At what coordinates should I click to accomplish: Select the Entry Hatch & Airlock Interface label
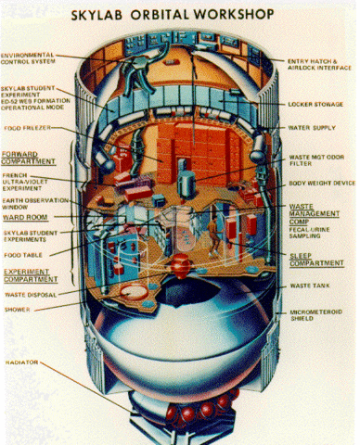[319, 64]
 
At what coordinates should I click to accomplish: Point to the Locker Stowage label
[319, 104]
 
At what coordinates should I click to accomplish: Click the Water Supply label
[313, 128]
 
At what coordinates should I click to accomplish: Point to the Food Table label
[24, 252]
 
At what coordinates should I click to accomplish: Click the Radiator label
[20, 362]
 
